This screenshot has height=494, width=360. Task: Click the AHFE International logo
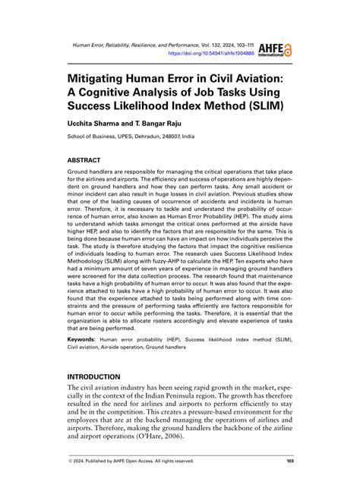(275, 49)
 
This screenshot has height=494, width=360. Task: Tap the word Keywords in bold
(84, 339)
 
